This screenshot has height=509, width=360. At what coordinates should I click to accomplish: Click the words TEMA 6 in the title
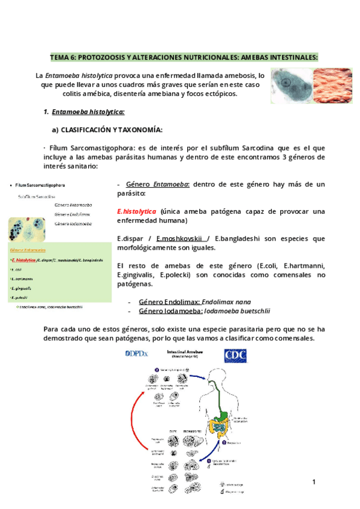(62, 58)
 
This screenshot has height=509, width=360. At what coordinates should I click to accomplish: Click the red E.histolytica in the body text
(137, 212)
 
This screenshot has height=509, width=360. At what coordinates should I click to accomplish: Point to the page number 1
(314, 483)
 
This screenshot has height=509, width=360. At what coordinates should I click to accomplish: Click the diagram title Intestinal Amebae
(187, 352)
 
